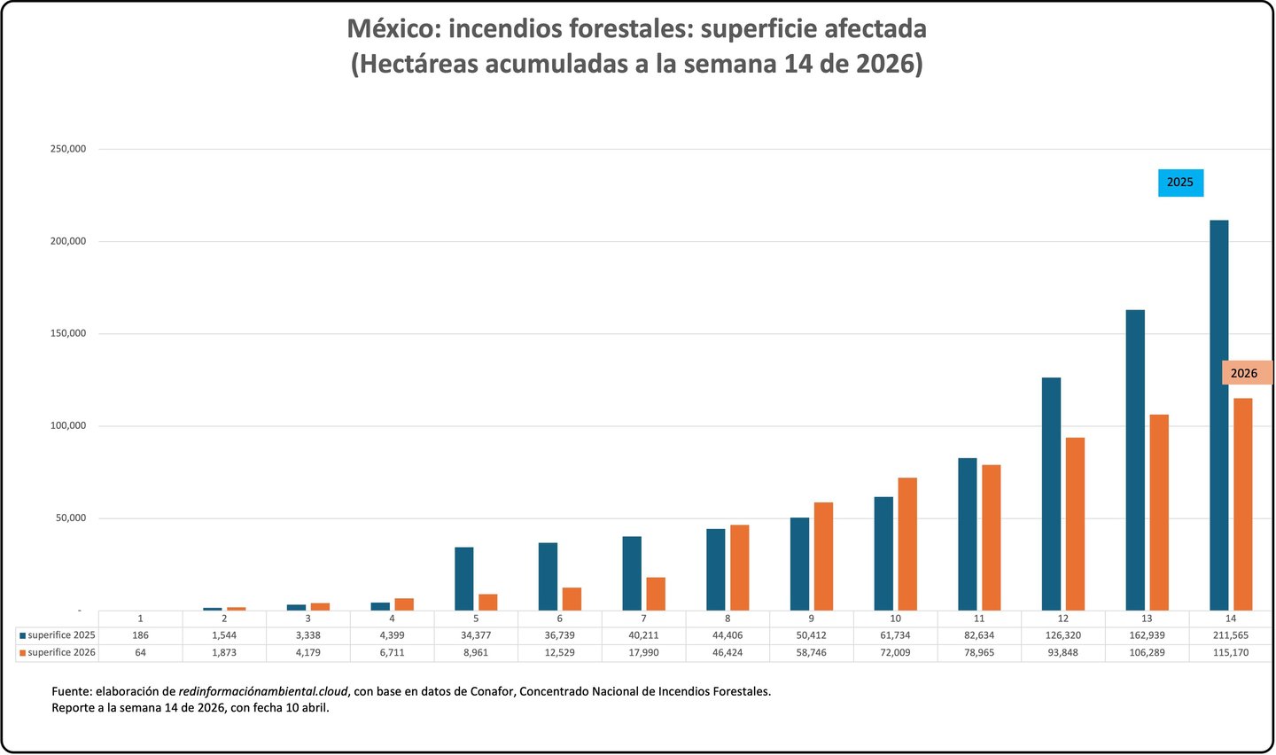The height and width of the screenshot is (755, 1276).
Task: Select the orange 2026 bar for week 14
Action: (x=1243, y=504)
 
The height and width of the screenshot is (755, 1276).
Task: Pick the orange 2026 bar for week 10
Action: (x=907, y=544)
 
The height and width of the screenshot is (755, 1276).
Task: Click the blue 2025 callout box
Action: (x=1180, y=183)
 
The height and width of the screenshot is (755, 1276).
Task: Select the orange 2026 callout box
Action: (x=1245, y=373)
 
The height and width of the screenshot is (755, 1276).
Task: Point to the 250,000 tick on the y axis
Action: (x=68, y=149)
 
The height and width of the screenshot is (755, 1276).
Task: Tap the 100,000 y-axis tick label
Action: (x=68, y=426)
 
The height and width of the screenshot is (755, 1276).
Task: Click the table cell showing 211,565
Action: (x=1230, y=635)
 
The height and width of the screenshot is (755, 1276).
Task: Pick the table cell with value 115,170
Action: (x=1230, y=652)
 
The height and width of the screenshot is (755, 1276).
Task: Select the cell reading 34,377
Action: (x=476, y=635)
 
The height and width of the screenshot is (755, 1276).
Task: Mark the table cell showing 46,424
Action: (x=727, y=652)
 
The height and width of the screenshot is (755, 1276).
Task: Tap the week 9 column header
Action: (x=812, y=619)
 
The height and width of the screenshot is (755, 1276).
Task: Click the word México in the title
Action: (x=392, y=29)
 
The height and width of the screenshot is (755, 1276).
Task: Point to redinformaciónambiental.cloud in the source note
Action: (x=263, y=691)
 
